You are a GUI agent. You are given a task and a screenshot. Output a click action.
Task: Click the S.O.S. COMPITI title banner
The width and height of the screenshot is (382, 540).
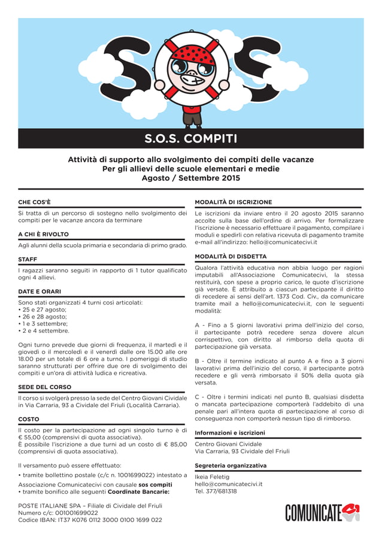[190, 139]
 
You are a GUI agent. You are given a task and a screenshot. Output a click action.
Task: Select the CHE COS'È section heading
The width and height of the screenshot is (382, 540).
[35, 202]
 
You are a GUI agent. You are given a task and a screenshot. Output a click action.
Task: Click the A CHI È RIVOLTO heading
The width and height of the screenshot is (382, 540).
[44, 235]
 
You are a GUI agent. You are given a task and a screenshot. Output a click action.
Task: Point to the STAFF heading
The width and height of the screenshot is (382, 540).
[28, 260]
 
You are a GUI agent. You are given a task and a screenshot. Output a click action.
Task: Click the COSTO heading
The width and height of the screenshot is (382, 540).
[29, 419]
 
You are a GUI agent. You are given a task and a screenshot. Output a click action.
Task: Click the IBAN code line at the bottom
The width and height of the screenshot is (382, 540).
[90, 520]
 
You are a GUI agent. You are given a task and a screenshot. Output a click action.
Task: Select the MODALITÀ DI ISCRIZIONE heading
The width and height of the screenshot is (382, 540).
[234, 202]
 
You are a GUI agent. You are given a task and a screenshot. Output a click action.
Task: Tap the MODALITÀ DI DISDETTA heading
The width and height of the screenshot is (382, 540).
[231, 256]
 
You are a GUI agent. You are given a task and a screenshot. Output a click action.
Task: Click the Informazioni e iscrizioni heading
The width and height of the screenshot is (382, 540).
[230, 432]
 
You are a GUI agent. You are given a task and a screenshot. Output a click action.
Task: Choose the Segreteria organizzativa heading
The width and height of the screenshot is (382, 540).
[231, 465]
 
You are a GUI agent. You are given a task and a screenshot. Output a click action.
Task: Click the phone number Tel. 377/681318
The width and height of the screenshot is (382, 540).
[216, 491]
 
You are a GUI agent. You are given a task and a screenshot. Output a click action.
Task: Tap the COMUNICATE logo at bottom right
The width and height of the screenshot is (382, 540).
[322, 512]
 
